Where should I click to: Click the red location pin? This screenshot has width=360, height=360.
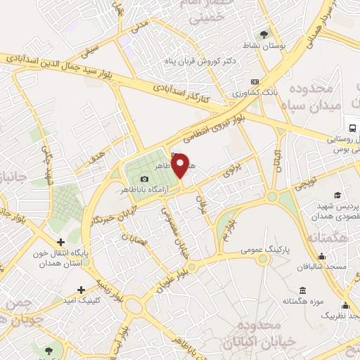[181, 165]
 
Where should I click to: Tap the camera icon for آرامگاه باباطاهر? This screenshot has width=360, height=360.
[145, 179]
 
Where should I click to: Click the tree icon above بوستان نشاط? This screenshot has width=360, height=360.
[264, 34]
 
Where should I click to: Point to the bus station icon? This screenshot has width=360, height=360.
[352, 128]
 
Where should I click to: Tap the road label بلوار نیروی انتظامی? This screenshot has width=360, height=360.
[212, 129]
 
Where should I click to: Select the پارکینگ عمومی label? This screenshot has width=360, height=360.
[241, 250]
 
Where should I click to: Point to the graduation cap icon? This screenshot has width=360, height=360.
[337, 195]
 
